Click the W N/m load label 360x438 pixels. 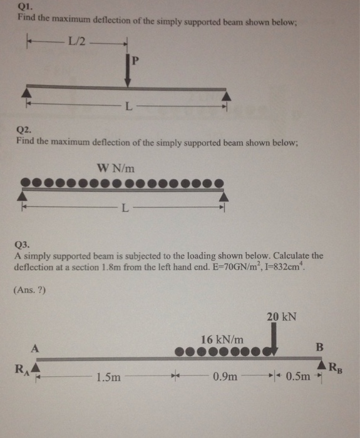pos(116,167)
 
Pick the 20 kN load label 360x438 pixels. pos(281,317)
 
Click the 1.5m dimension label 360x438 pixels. pos(109,378)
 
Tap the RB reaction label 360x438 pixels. pos(337,369)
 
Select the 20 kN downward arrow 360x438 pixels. pos(274,342)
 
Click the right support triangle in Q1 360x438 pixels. pos(227,95)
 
